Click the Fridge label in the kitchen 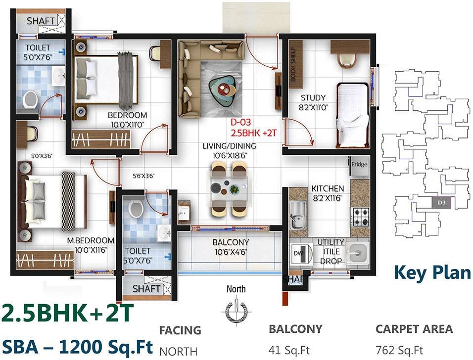360,164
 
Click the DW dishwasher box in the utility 297,253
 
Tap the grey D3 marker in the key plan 441,202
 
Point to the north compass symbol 236,310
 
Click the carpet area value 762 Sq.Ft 399,351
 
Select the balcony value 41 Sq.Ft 289,351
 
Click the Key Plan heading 431,272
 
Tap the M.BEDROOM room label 91,240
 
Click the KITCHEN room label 327,188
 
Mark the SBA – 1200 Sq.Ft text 77,345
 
